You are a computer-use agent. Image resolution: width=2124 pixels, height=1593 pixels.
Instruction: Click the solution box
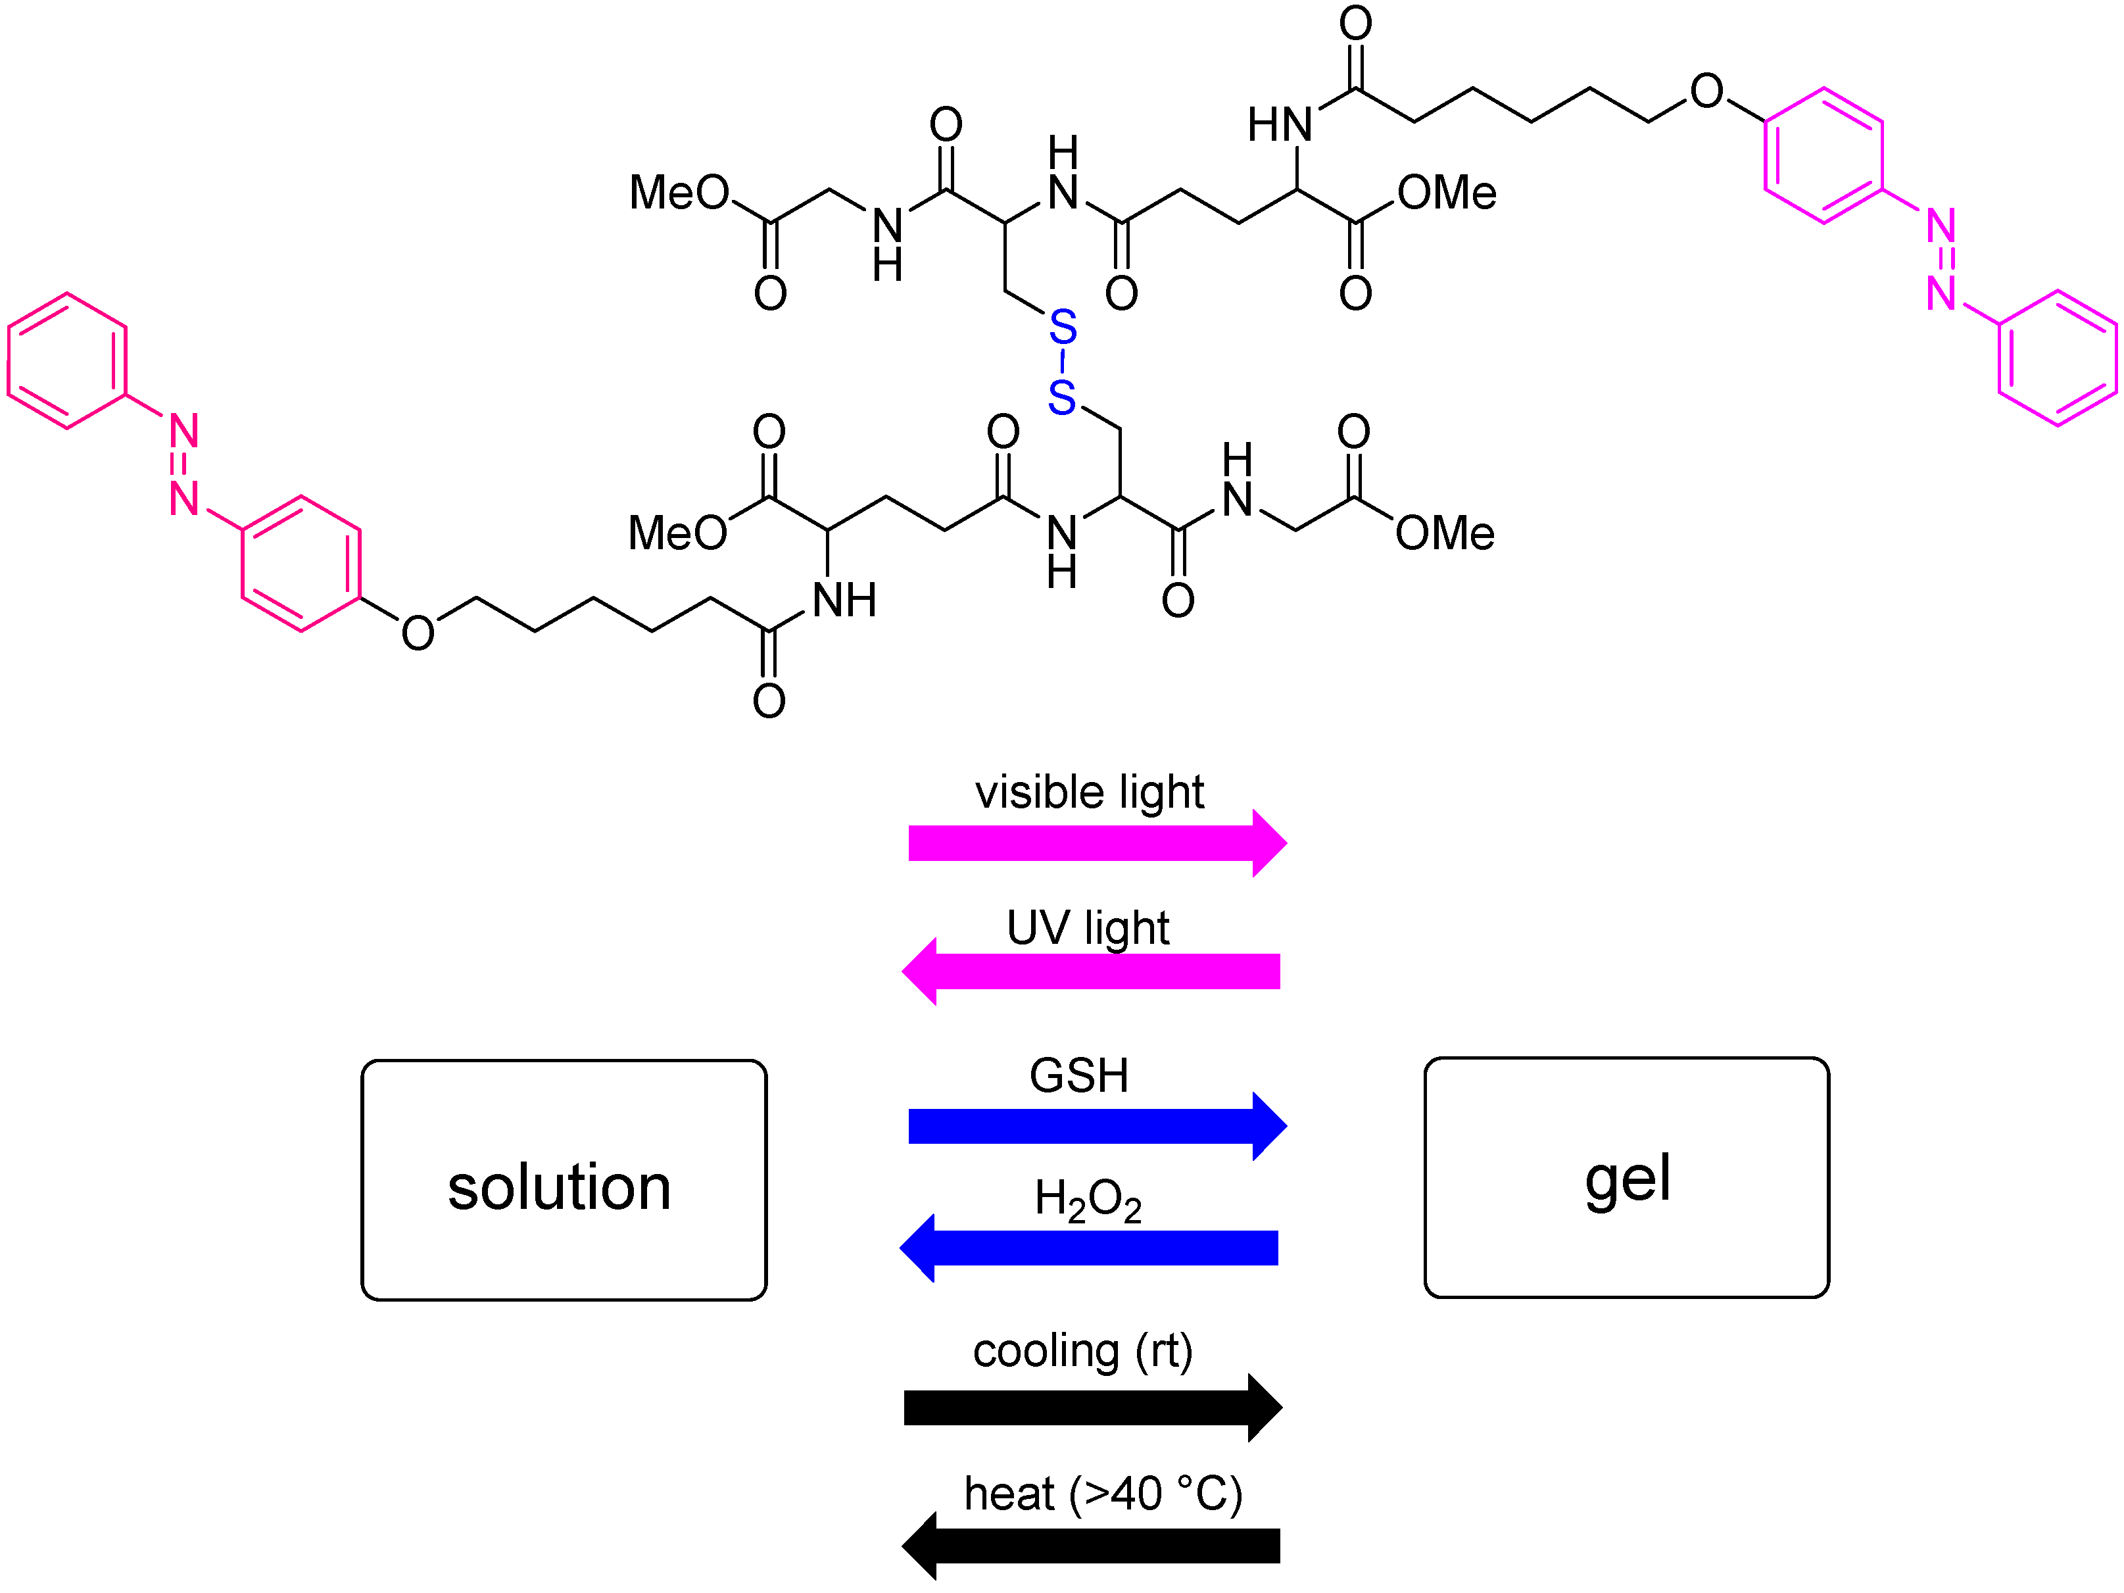(564, 1180)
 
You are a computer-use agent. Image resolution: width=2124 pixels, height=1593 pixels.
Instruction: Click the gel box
(1627, 1177)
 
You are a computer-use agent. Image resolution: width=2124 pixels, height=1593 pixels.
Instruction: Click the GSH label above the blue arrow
(1079, 1075)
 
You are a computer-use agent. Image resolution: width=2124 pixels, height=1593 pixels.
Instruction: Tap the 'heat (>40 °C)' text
(1103, 1494)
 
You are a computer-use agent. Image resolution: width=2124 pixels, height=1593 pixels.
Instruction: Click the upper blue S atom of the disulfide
(1062, 328)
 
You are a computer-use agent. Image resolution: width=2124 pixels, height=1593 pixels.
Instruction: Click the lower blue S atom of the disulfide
(1061, 397)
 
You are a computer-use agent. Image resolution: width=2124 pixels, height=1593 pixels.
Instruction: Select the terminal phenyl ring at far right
(2057, 357)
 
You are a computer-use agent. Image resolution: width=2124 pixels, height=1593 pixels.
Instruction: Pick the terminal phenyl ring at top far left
(67, 360)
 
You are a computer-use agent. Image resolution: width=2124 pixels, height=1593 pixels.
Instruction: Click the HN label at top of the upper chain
(1279, 125)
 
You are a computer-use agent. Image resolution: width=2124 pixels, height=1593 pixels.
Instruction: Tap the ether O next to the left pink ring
(418, 633)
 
